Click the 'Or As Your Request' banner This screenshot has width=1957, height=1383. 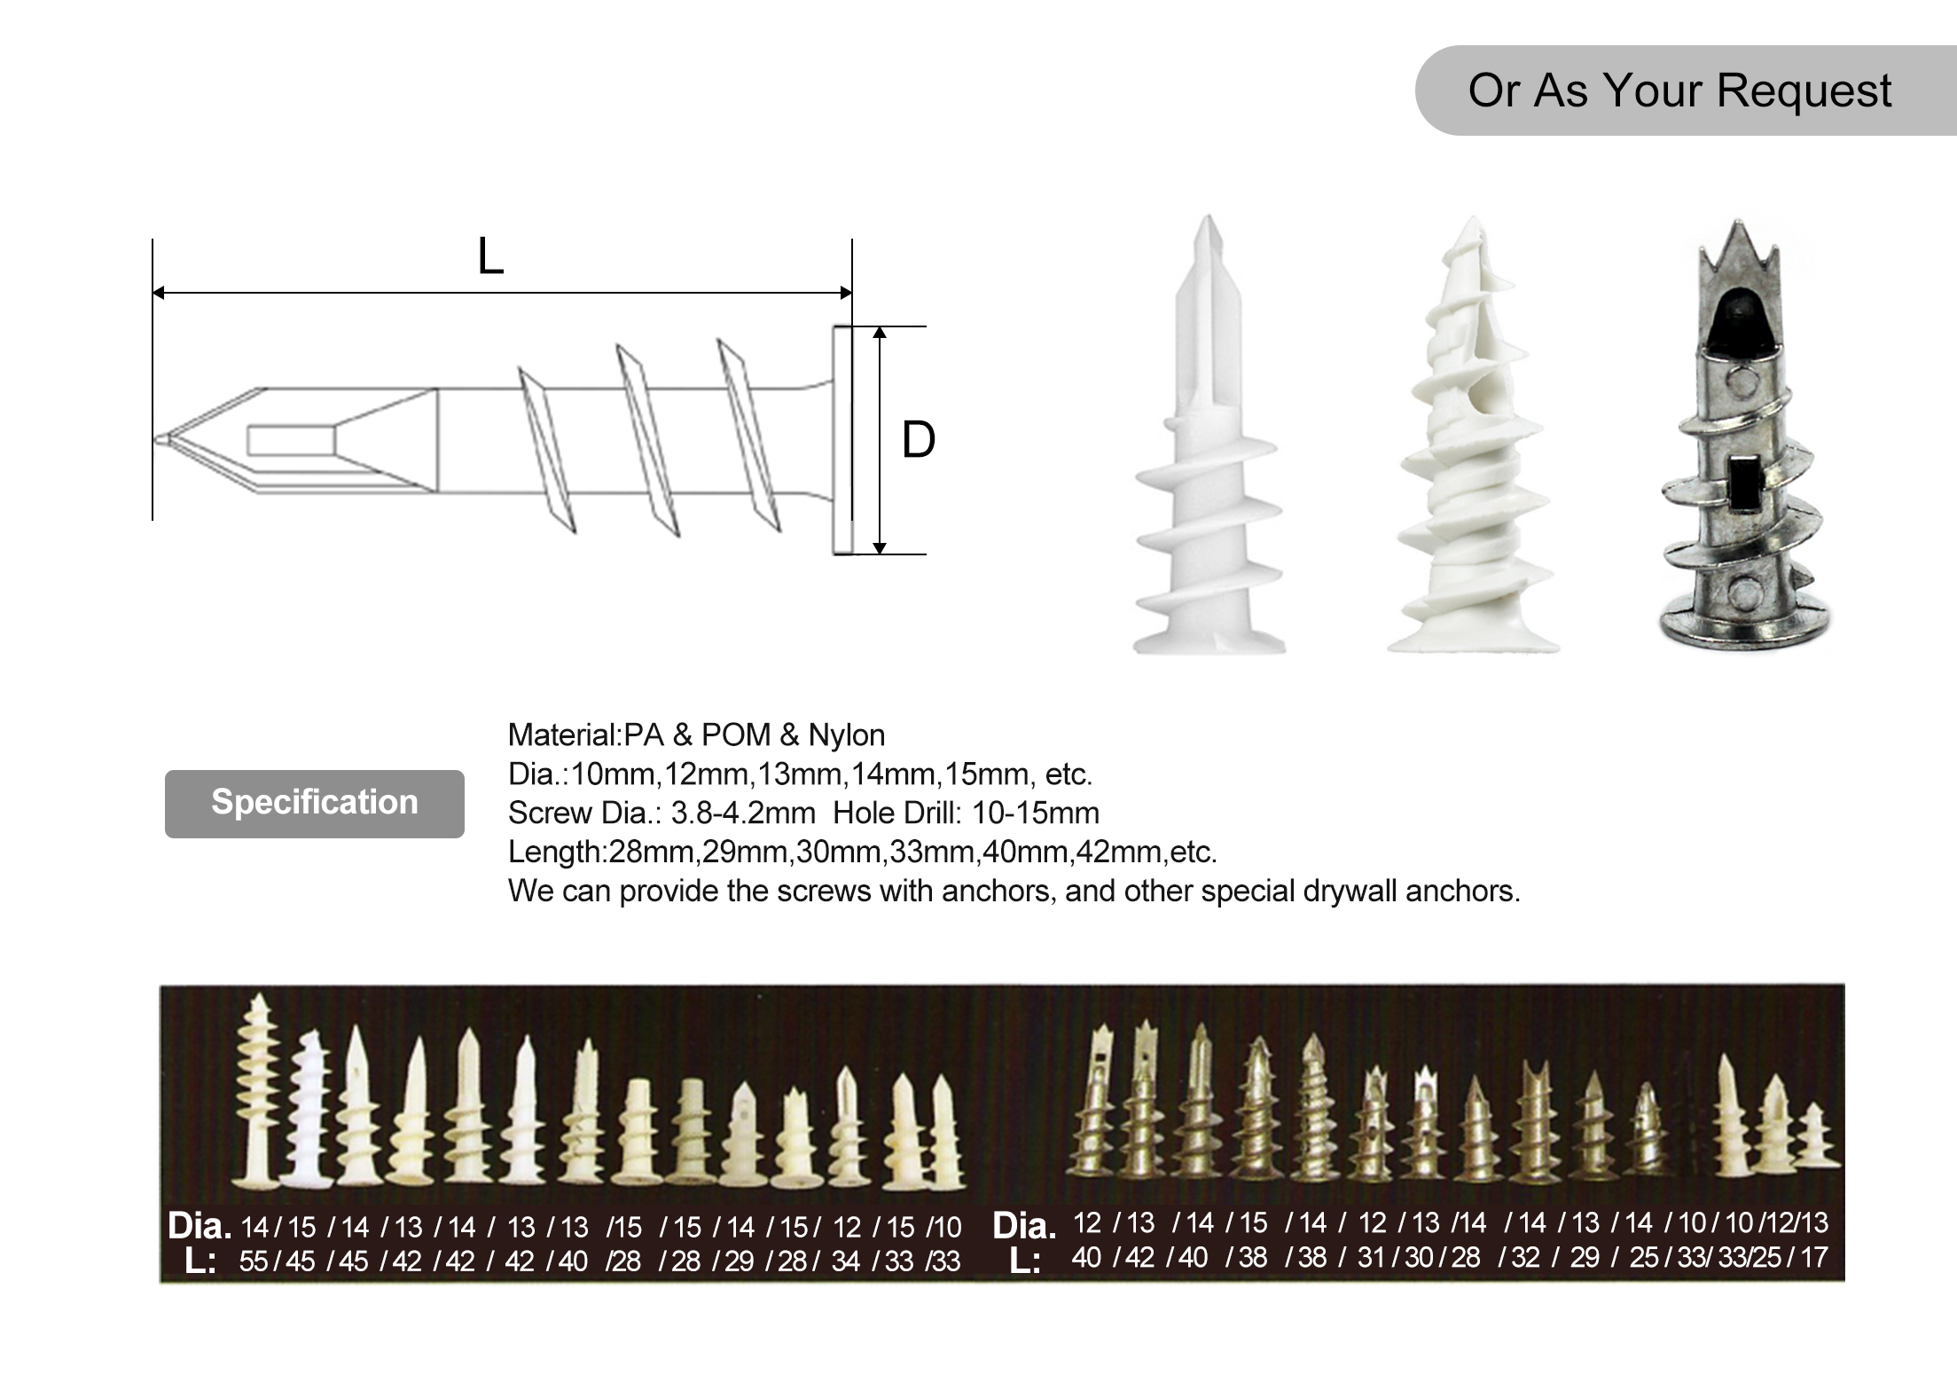(x=1679, y=90)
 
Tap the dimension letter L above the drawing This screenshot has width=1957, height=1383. (x=490, y=257)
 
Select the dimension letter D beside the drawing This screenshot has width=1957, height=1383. (x=919, y=440)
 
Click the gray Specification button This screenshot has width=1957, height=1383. (x=314, y=803)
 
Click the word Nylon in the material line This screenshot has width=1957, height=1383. (x=846, y=735)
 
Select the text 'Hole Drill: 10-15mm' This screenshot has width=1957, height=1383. (x=966, y=813)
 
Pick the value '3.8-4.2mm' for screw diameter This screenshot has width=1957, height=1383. (x=743, y=813)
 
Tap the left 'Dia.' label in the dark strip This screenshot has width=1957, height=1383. (x=200, y=1227)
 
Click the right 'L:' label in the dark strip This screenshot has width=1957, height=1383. (x=1025, y=1261)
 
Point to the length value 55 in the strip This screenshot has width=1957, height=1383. (x=254, y=1261)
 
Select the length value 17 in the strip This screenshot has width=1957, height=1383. (x=1813, y=1257)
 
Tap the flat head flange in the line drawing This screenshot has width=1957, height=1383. (x=842, y=440)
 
